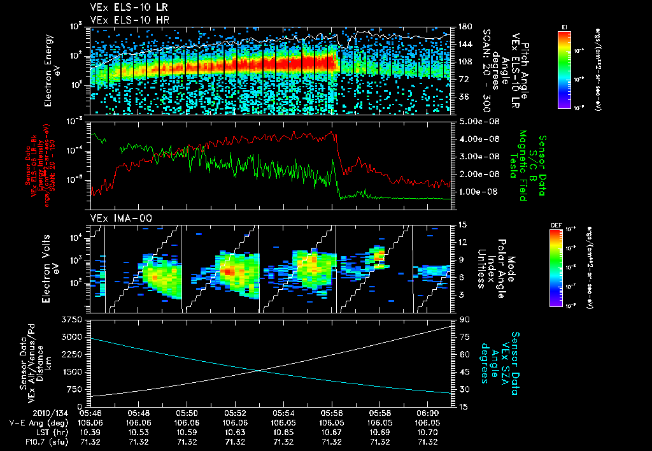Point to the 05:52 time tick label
[x=236, y=413]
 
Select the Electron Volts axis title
[x=53, y=268]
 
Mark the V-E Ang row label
[x=34, y=422]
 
